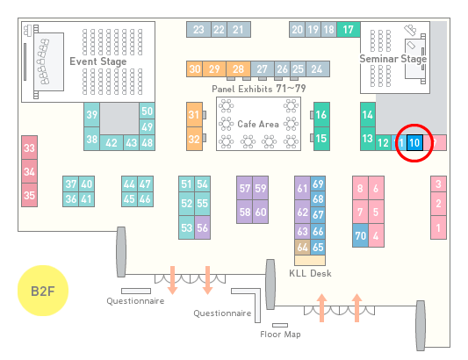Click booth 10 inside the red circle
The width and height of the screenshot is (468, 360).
414,143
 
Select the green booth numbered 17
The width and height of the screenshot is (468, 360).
349,30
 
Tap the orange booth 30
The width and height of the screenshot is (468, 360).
194,69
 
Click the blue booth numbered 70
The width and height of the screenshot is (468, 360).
360,235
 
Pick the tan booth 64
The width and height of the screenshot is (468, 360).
302,247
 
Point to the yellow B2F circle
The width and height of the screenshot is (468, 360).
43,291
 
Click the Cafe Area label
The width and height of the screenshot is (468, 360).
258,124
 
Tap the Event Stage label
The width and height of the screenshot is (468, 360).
98,61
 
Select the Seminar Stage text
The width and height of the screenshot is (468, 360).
392,59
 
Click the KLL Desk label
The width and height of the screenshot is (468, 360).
310,273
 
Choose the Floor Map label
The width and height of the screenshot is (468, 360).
280,334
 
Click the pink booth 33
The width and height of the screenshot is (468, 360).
29,148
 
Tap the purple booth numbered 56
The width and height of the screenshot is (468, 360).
202,227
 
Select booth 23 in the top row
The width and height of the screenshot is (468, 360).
198,30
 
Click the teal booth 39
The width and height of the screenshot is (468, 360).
91,115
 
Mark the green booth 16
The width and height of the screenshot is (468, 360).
321,114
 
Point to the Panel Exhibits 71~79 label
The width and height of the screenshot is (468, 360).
258,89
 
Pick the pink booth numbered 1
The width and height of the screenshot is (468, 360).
438,227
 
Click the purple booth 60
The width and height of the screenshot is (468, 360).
261,212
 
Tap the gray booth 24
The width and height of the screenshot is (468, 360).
318,69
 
